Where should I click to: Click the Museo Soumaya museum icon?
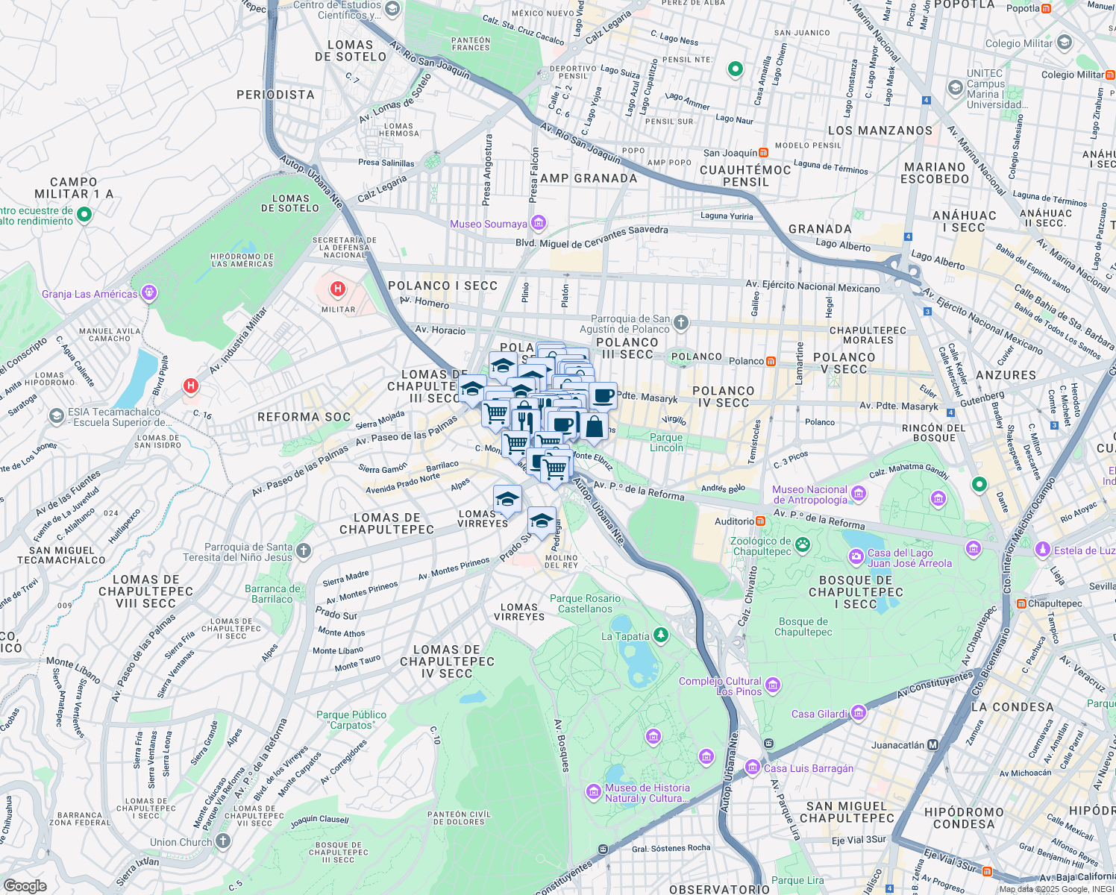(x=539, y=223)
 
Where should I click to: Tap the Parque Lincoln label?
(x=666, y=443)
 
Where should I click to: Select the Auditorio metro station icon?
(x=760, y=521)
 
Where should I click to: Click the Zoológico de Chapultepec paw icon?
(x=803, y=545)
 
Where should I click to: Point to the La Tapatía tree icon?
(x=660, y=635)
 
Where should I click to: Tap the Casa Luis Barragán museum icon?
(x=753, y=767)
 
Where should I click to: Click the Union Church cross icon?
(x=223, y=841)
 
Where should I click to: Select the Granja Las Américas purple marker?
(x=149, y=293)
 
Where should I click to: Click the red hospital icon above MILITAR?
(x=338, y=289)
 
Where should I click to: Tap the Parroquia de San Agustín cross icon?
(x=680, y=323)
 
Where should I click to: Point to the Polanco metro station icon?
(x=771, y=361)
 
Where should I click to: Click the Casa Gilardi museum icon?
(x=859, y=713)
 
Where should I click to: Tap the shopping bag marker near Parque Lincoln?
(x=594, y=427)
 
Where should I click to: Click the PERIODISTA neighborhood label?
(x=275, y=95)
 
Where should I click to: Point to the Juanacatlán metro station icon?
(x=932, y=744)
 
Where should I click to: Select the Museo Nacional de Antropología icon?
(x=859, y=494)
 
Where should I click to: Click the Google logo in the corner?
(x=25, y=885)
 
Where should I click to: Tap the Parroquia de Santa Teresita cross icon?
(x=303, y=551)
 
